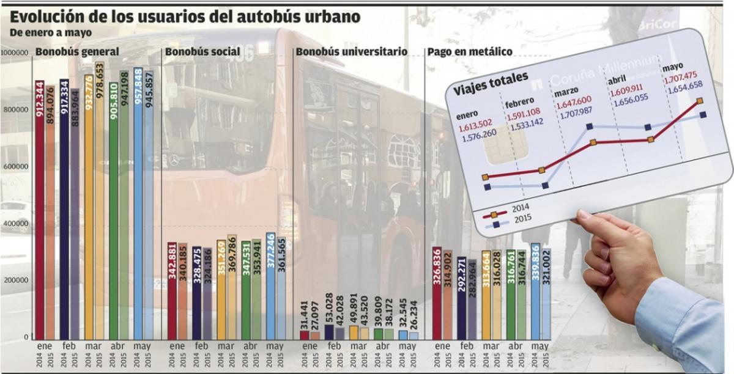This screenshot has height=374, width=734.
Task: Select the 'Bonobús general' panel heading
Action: point(77,52)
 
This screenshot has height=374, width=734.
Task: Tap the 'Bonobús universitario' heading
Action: point(351,52)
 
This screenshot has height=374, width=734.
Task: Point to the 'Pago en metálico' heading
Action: point(470,52)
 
